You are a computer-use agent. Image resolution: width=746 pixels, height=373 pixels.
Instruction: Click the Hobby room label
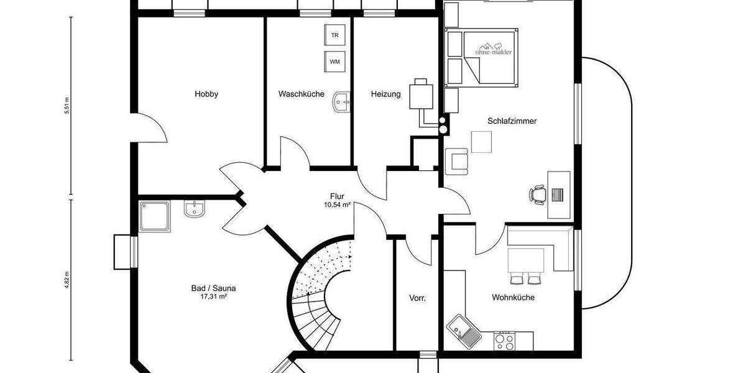(x=206, y=94)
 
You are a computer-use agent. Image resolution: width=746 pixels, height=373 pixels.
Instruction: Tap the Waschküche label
(x=301, y=94)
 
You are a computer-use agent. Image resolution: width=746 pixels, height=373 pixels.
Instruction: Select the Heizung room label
(x=385, y=94)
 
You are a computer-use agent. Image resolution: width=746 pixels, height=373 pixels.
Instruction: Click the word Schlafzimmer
(x=512, y=121)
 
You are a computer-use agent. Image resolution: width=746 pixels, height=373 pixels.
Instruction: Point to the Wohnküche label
(x=513, y=297)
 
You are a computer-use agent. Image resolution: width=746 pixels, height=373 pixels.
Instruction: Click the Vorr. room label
(x=417, y=298)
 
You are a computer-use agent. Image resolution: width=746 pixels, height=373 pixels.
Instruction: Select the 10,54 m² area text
(x=337, y=205)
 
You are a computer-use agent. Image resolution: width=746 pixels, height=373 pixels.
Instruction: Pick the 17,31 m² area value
(x=213, y=297)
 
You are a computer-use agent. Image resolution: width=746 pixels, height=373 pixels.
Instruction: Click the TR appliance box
(x=334, y=35)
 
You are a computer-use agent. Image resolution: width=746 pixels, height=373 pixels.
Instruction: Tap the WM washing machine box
(x=334, y=62)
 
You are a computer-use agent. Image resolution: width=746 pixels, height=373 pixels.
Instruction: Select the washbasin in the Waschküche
(x=342, y=101)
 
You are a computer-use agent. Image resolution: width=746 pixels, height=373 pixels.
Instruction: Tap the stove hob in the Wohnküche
(x=504, y=341)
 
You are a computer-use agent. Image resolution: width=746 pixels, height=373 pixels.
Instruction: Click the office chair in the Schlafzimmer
(x=538, y=195)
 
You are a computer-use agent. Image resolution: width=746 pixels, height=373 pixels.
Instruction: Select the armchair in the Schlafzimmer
(x=458, y=161)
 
